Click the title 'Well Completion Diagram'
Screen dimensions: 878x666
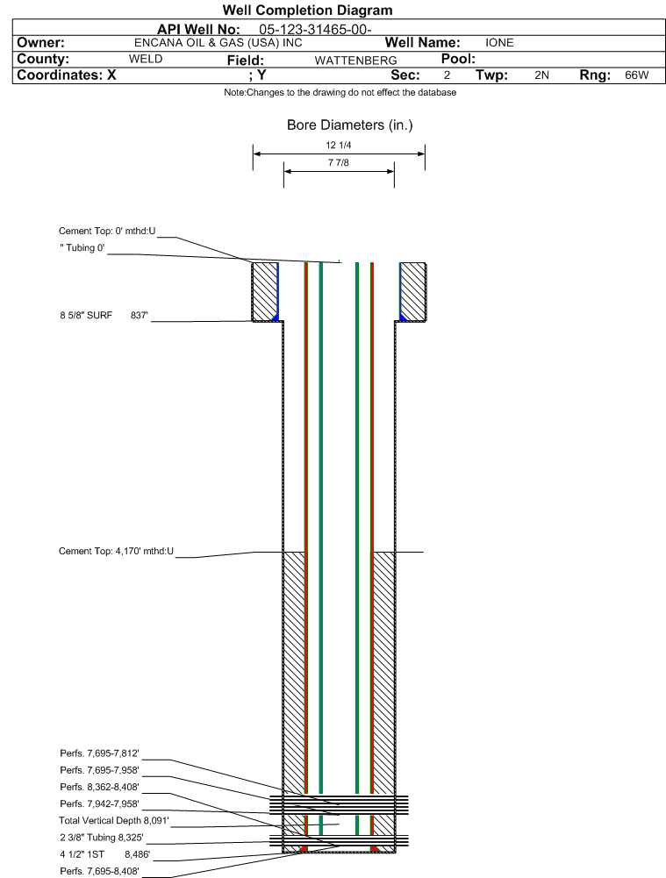click(307, 11)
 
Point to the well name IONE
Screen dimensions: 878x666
click(499, 42)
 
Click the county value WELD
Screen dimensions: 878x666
click(146, 59)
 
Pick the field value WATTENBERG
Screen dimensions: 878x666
click(355, 60)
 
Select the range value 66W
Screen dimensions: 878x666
click(636, 75)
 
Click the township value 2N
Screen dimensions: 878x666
click(541, 75)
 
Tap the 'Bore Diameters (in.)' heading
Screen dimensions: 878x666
click(349, 125)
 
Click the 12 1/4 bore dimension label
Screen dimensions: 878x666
click(338, 146)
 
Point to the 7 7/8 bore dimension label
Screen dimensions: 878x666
click(338, 163)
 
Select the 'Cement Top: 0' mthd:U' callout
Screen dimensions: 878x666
click(106, 231)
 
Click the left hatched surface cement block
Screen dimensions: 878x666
click(264, 290)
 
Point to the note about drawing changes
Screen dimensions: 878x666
click(340, 93)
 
